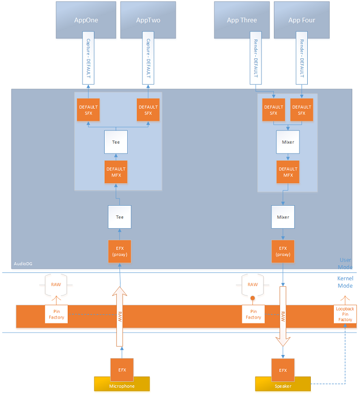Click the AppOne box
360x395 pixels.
[x=86, y=20]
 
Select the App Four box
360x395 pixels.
[x=302, y=20]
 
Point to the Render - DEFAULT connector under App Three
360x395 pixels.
[x=255, y=59]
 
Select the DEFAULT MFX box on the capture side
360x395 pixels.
[x=116, y=172]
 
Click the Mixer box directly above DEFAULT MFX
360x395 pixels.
[x=288, y=142]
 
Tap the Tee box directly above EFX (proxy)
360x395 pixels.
[x=119, y=217]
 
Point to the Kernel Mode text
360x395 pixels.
[x=345, y=282]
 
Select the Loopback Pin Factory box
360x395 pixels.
[x=345, y=314]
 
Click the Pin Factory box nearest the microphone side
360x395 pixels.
[x=56, y=314]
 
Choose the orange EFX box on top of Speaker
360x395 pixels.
[x=283, y=369]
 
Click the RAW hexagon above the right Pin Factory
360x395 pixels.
[x=253, y=285]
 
